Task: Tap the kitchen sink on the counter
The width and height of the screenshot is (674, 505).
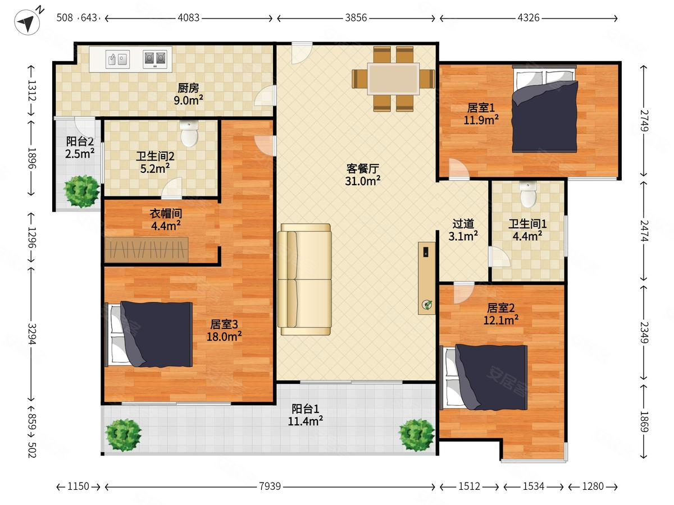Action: [117, 59]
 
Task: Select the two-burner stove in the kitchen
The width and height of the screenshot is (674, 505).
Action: [155, 59]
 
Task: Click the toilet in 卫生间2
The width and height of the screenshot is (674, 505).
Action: [189, 134]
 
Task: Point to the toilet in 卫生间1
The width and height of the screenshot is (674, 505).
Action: [528, 194]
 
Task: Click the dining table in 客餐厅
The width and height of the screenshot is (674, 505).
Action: [393, 79]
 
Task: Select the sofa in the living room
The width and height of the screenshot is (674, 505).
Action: [304, 279]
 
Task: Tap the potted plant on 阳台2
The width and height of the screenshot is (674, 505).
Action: [81, 191]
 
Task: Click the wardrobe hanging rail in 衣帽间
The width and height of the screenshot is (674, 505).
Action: [146, 250]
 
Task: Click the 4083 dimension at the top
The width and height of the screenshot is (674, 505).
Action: [189, 18]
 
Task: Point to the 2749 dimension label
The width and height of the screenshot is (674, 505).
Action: [644, 121]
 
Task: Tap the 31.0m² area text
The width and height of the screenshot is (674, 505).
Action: [363, 181]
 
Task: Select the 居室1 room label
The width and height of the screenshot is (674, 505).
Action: [481, 108]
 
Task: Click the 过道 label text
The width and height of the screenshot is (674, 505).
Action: [463, 224]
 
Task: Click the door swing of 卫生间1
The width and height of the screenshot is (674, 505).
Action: [499, 256]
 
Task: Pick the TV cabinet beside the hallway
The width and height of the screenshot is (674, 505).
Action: [426, 278]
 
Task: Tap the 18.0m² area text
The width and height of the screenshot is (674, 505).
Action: [224, 337]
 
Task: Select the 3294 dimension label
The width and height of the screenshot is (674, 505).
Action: [32, 334]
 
